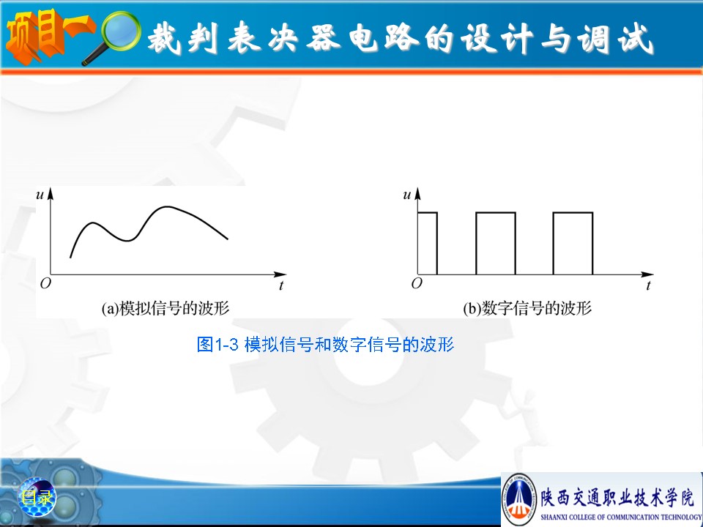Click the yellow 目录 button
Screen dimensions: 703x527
(x=37, y=498)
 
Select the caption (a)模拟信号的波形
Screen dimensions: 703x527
(x=165, y=308)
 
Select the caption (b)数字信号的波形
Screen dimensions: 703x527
(x=527, y=308)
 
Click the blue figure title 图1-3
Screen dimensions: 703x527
(x=217, y=345)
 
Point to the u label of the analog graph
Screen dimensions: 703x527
(x=40, y=195)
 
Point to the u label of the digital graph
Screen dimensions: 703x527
(x=407, y=195)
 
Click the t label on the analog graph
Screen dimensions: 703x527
(x=281, y=285)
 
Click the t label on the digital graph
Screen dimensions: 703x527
(x=648, y=285)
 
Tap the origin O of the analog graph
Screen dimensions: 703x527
(x=45, y=283)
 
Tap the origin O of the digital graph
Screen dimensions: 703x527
(x=417, y=283)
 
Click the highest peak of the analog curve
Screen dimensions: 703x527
(x=167, y=206)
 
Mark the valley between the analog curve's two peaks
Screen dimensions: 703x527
(x=127, y=241)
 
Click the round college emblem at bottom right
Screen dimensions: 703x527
(x=519, y=499)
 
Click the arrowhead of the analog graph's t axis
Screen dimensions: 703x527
(x=280, y=274)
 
